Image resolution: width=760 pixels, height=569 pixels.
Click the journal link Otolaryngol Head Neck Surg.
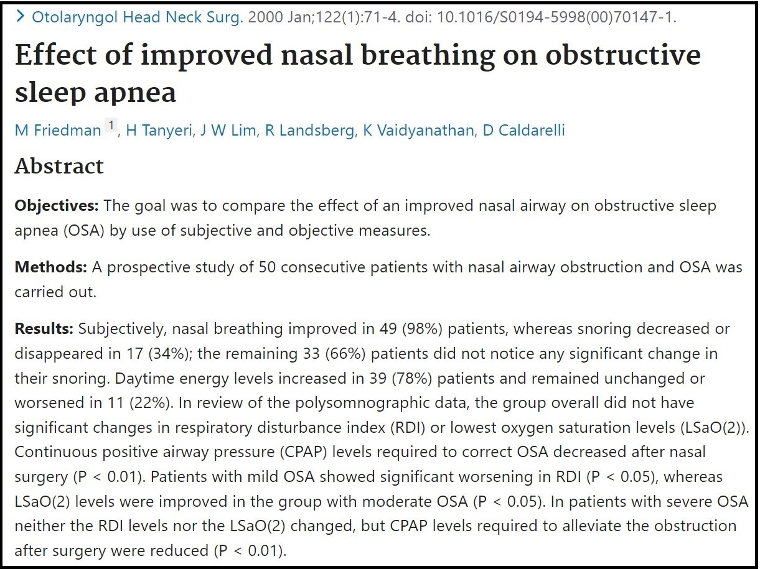coord(138,17)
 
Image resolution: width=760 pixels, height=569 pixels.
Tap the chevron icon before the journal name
coord(21,16)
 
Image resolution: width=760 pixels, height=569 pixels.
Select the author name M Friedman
coord(58,131)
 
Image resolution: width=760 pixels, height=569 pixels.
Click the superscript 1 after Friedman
coord(111,125)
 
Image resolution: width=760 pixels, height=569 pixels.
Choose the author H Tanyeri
coord(159,131)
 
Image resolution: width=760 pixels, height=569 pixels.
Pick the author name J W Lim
coord(228,131)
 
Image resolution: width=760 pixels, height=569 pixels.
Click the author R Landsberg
coord(309,131)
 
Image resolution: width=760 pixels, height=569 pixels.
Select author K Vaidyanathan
coord(418,131)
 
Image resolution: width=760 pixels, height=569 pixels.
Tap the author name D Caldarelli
coord(523,131)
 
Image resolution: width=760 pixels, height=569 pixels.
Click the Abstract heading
coord(59,166)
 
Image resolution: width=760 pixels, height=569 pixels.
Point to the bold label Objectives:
coord(57,206)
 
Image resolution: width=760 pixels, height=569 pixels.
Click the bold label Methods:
coord(50,267)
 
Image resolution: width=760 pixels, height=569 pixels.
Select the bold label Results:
coord(44,328)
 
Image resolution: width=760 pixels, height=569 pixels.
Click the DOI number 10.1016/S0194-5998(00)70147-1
coord(556,17)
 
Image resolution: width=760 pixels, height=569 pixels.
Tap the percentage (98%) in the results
coord(422,328)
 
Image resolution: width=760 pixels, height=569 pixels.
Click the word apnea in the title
coord(135,93)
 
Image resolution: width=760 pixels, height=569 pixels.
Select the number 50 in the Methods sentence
coord(267,267)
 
